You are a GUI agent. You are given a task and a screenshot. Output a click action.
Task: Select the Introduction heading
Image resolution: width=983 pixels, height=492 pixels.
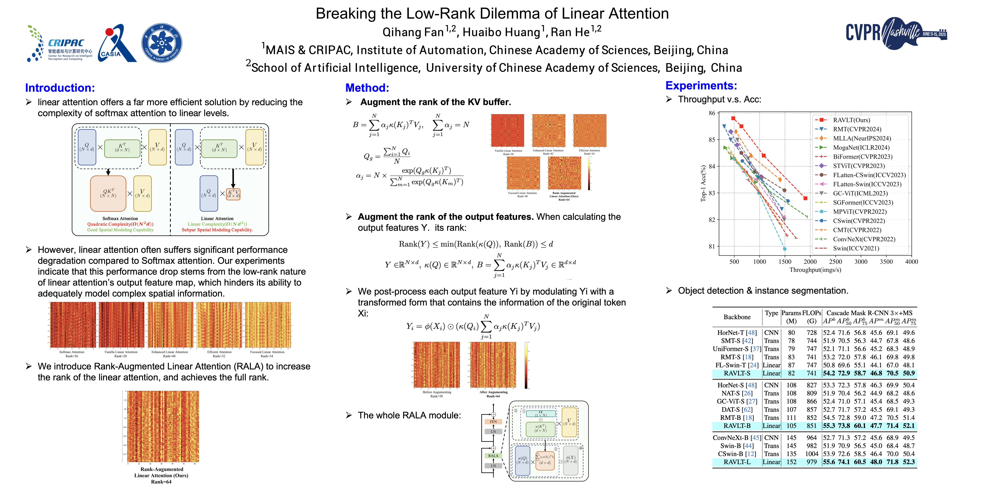coord(60,88)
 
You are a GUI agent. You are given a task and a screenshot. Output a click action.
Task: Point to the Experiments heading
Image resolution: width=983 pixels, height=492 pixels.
coord(701,86)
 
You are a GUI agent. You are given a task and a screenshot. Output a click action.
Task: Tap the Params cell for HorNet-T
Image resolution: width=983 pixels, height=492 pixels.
coord(791,333)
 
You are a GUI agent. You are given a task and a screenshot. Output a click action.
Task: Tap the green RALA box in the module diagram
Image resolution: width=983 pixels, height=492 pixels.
coord(493,456)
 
